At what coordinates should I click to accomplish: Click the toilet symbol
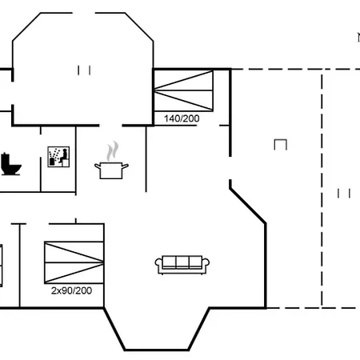pos(10,164)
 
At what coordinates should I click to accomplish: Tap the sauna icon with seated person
pos(58,157)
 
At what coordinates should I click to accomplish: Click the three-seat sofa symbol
pos(182,265)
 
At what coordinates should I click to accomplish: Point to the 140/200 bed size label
pos(182,118)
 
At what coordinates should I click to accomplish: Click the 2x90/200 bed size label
pos(71,290)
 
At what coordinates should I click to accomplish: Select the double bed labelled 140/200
pos(184,90)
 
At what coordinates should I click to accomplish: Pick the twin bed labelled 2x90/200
pos(74,262)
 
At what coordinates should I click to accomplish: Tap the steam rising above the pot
pos(113,151)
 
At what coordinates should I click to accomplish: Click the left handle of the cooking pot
pos(98,166)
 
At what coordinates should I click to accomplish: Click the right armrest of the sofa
pos(206,263)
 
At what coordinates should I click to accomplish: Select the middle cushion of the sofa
pos(182,262)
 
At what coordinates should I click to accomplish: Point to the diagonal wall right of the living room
pos(248,206)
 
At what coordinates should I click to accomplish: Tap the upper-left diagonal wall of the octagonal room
pos(26,26)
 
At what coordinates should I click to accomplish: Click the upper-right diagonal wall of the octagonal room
pos(139,26)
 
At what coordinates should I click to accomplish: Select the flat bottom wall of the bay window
pos(157,350)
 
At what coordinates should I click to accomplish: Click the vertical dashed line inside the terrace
pos(322,190)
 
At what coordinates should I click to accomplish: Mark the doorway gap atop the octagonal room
pos(84,13)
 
